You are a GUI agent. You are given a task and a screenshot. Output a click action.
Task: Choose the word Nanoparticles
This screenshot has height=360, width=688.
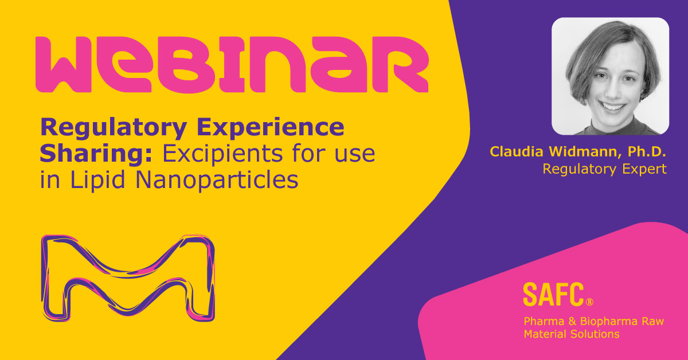219,179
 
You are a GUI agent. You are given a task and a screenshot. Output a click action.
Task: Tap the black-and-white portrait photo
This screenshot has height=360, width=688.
610,76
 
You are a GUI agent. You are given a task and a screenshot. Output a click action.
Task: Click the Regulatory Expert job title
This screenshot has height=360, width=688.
604,169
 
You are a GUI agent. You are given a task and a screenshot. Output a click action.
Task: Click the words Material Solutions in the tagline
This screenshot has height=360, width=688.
572,334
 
